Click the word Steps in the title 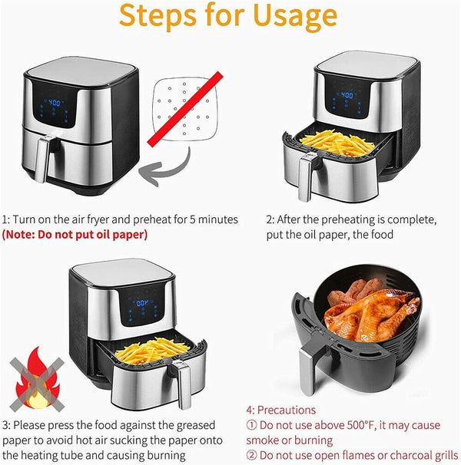point(158,15)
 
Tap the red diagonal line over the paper point(185,109)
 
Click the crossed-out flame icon point(37,381)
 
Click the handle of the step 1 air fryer point(42,158)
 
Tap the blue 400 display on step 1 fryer point(54,103)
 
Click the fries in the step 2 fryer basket point(337,143)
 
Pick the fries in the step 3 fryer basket point(152,351)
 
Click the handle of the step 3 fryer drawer point(182,384)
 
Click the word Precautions point(287,411)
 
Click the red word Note point(19,235)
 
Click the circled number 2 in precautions point(251,455)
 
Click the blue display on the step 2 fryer point(347,95)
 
